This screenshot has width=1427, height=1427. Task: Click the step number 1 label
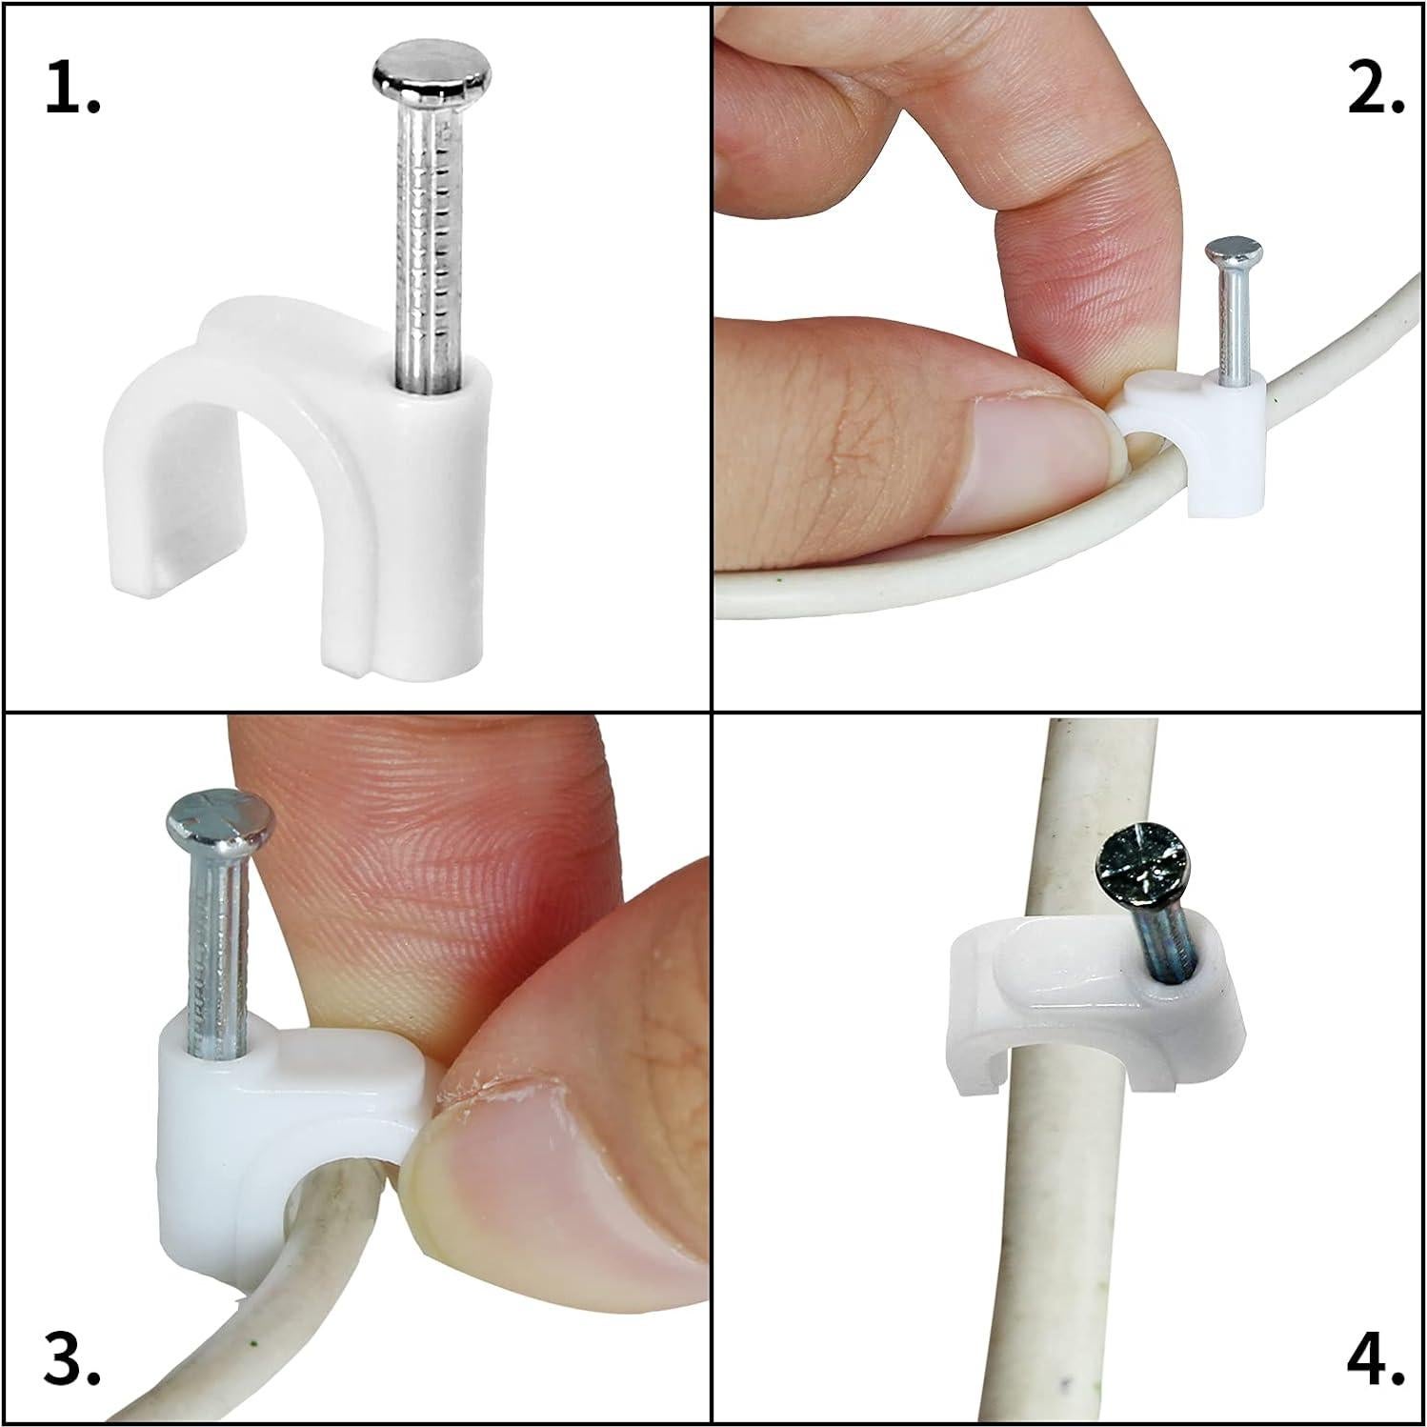click(71, 91)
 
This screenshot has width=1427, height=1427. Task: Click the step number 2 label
click(1375, 91)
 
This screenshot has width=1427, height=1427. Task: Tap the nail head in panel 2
click(1235, 254)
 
